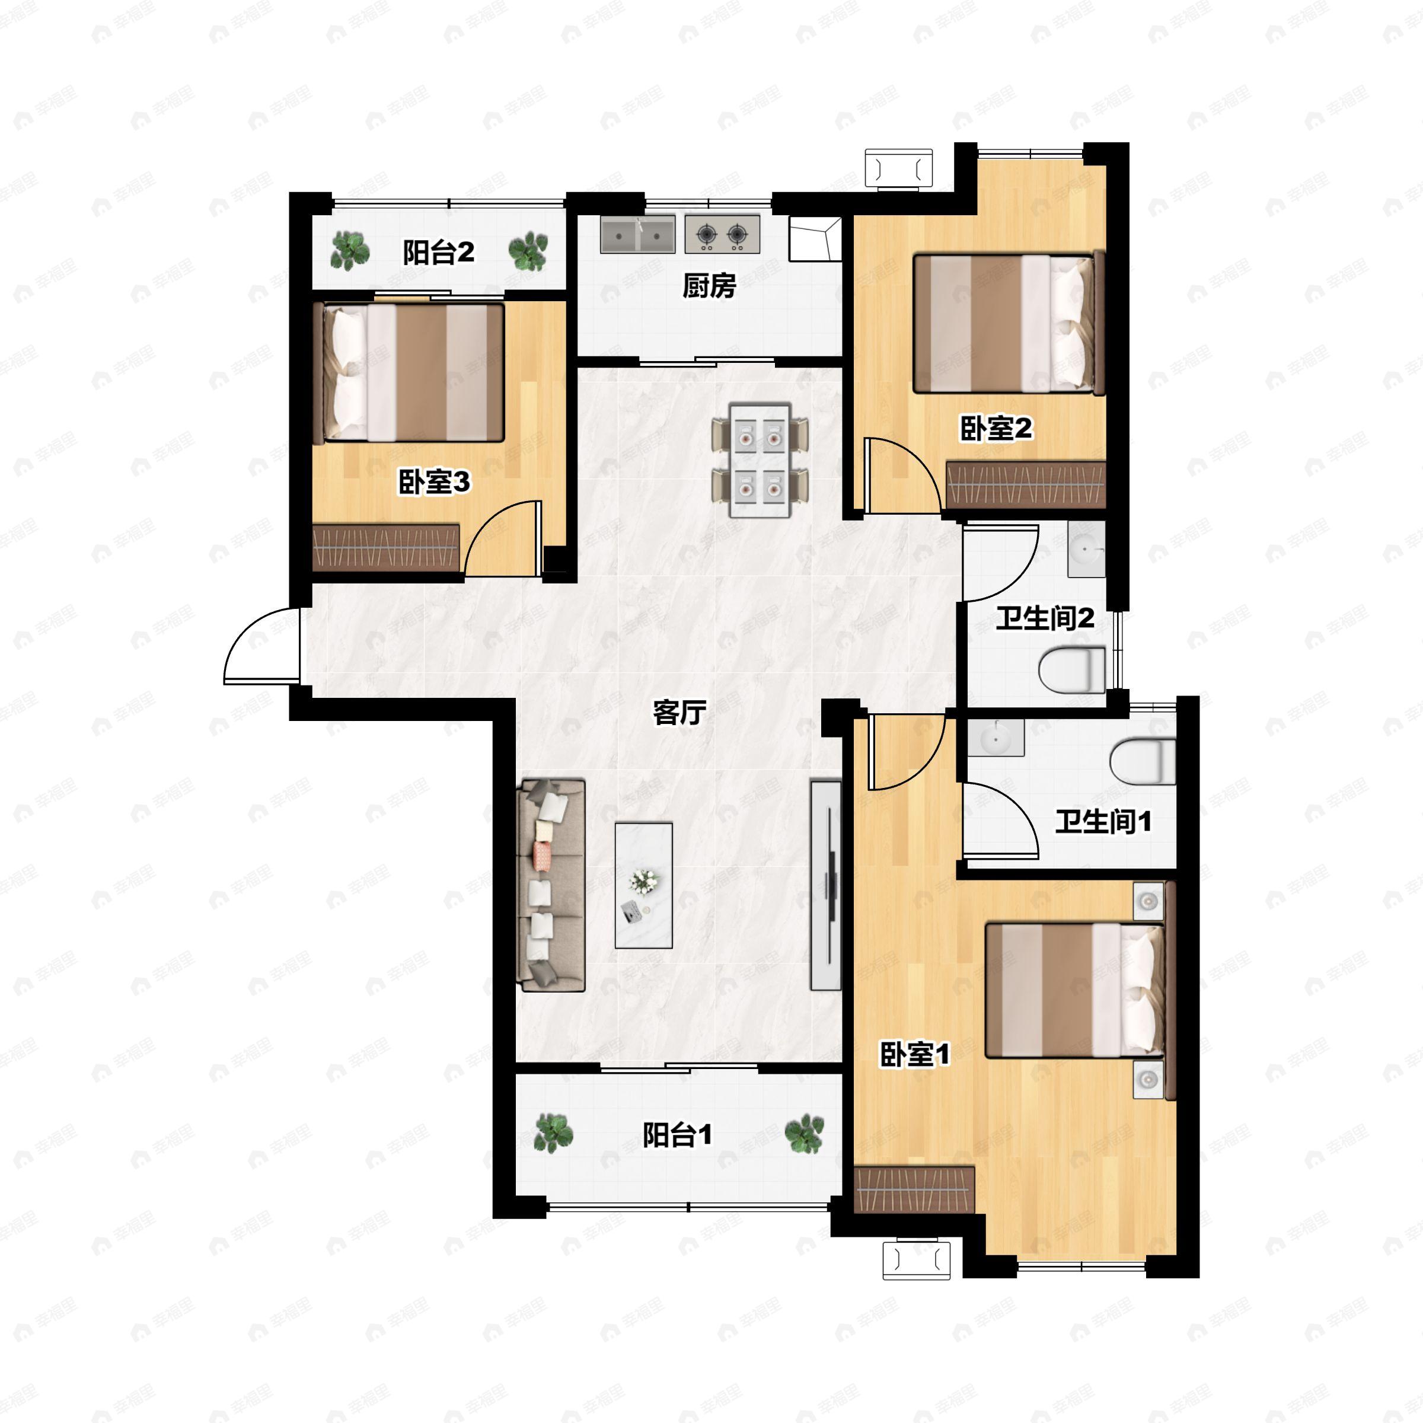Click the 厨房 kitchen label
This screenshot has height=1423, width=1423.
(709, 285)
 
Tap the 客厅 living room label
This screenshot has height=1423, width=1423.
(679, 712)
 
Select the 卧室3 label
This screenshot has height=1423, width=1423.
(434, 483)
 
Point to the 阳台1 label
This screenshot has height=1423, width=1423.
(677, 1135)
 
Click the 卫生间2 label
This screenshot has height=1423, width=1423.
(1044, 618)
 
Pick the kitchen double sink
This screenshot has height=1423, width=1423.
(637, 234)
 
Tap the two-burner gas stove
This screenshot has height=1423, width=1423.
(722, 234)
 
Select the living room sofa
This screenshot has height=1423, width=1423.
(551, 885)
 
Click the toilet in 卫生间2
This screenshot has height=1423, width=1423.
(1071, 669)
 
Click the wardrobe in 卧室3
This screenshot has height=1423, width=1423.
(386, 548)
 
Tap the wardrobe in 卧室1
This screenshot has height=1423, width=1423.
(914, 1189)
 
